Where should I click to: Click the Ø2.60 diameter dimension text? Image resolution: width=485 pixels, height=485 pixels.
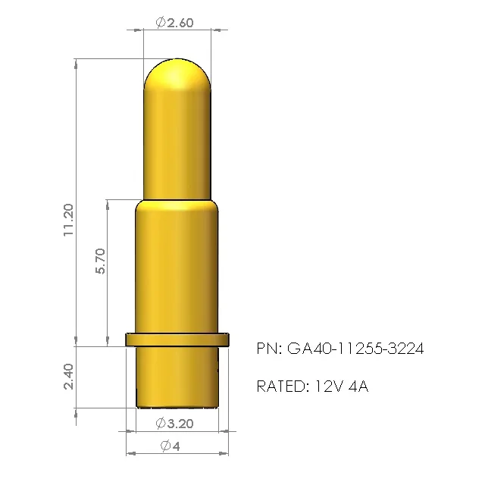click(x=175, y=23)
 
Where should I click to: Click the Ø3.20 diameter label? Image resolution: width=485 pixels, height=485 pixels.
click(x=175, y=423)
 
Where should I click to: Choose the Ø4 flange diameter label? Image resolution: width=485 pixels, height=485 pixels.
click(x=171, y=446)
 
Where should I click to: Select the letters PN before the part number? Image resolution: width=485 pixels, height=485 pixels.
click(x=268, y=349)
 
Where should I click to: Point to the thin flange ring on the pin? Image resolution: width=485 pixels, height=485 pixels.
click(x=177, y=339)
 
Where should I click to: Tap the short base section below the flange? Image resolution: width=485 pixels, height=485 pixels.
click(x=177, y=375)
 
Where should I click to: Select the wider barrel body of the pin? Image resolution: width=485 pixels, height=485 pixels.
click(x=177, y=273)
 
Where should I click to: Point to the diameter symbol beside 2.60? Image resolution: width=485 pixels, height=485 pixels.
click(x=161, y=23)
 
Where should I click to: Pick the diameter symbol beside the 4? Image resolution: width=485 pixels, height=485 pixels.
click(x=165, y=446)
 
